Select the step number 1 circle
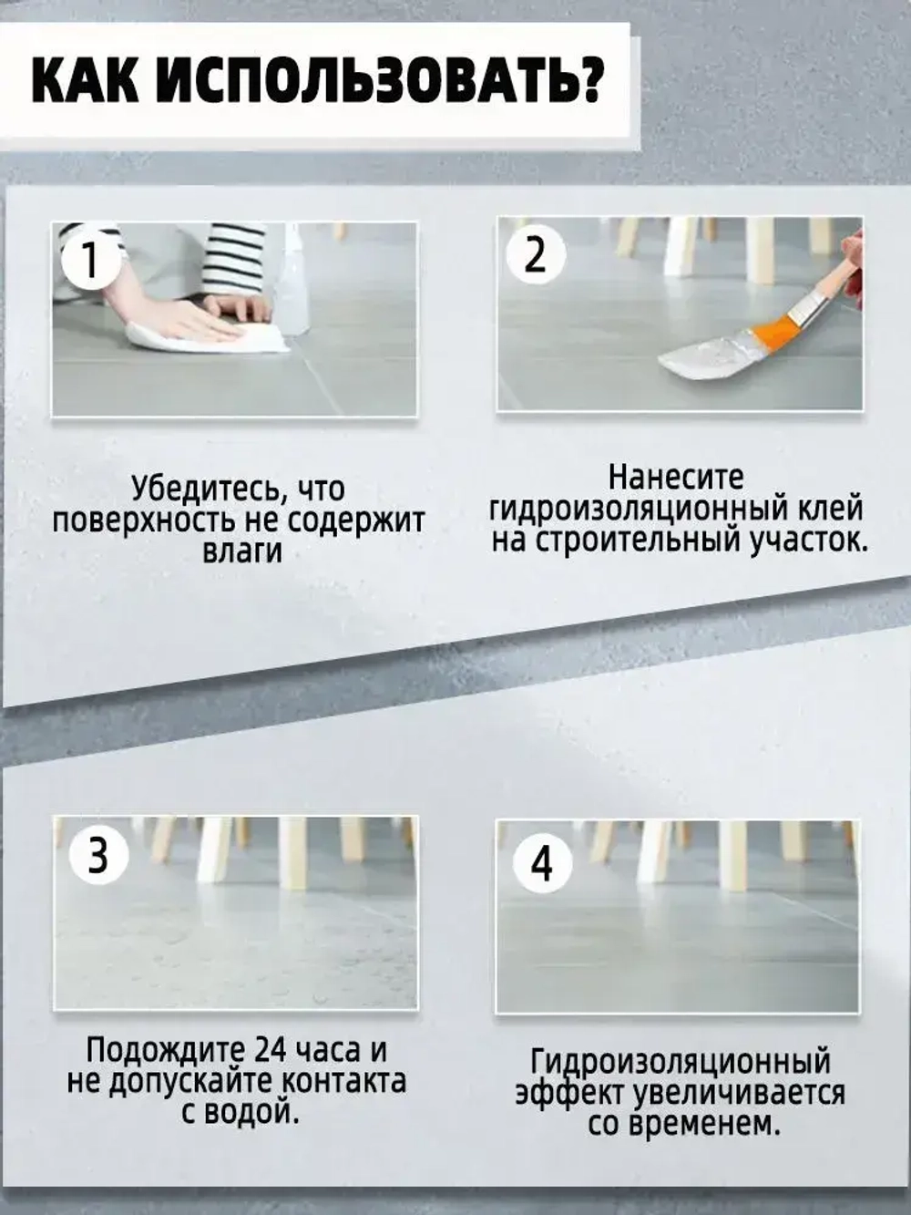[89, 261]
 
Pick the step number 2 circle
[536, 255]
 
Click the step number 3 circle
[97, 857]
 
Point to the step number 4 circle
[543, 862]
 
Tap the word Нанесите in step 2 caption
[676, 478]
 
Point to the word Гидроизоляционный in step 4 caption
[681, 1062]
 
